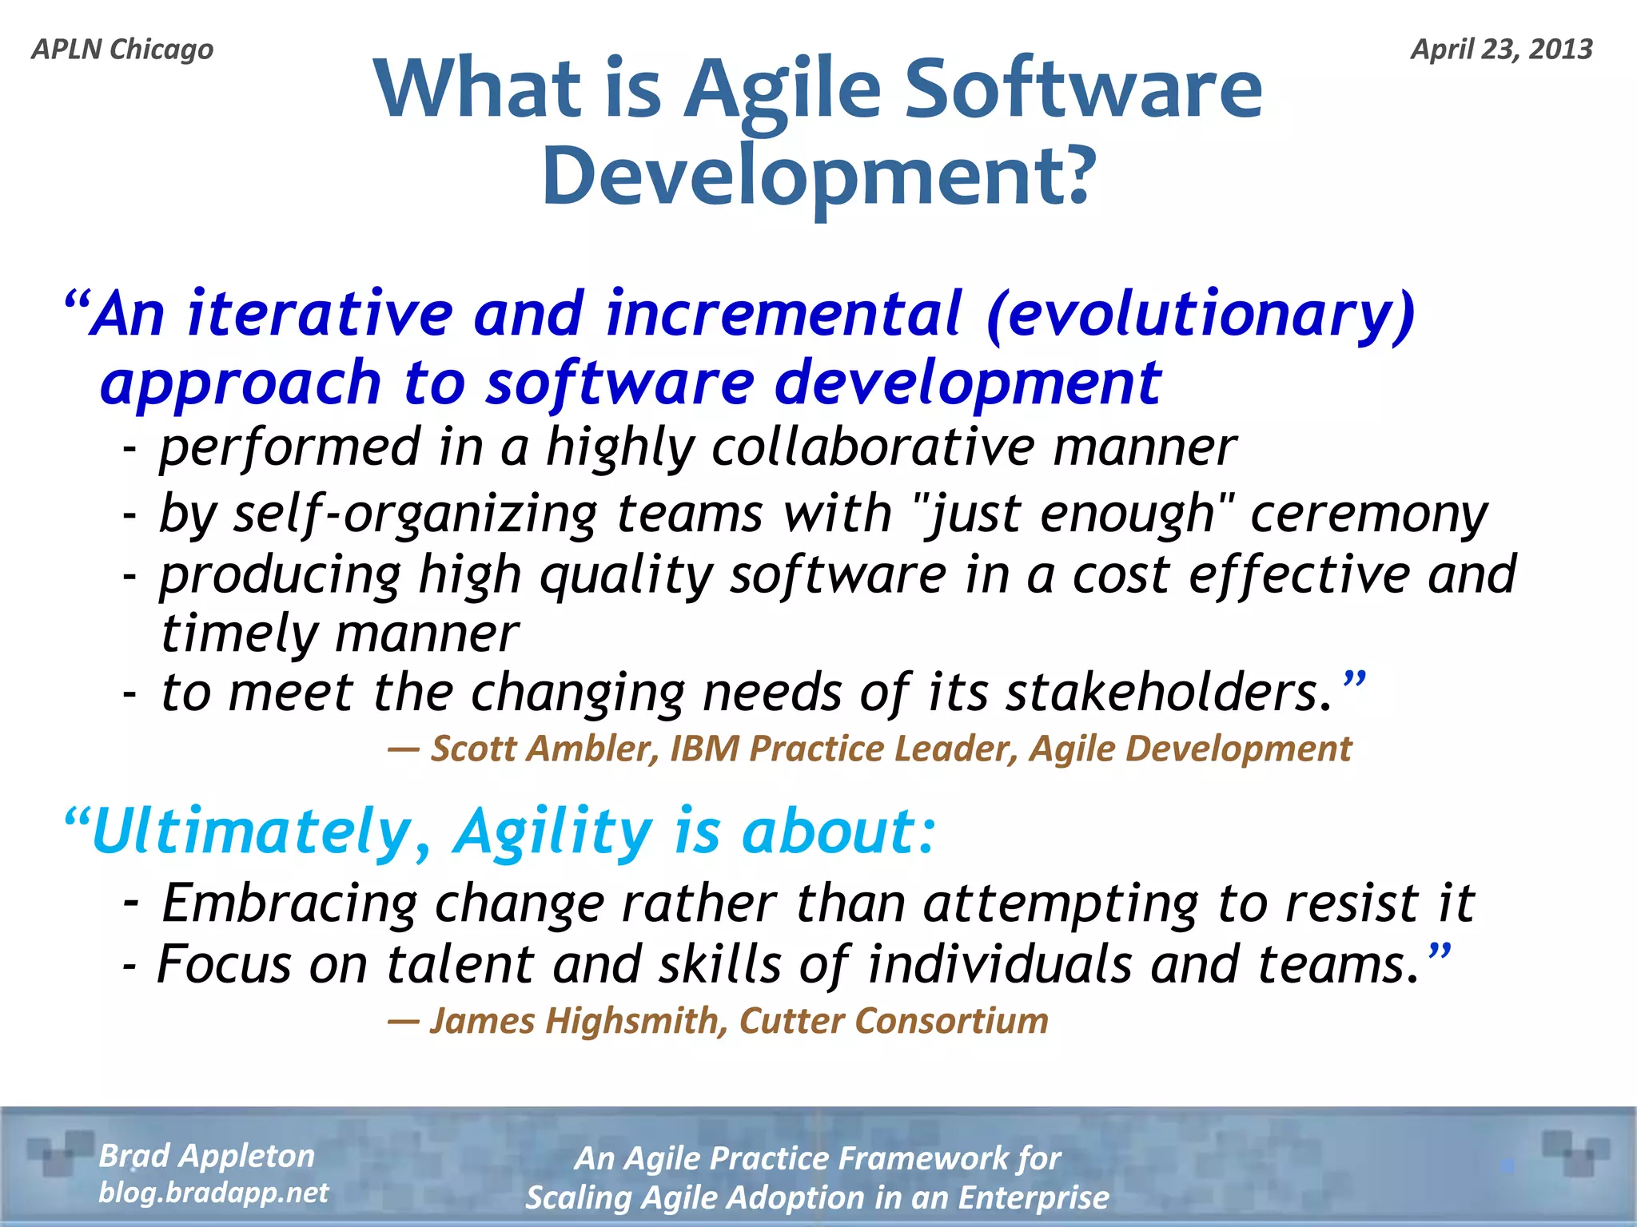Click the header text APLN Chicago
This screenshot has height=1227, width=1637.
tap(122, 50)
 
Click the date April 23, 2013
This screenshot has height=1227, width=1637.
tap(1501, 50)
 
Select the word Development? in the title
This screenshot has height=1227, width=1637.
tap(818, 176)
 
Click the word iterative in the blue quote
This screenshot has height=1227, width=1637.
tap(320, 314)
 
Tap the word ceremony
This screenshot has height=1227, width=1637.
tap(1368, 513)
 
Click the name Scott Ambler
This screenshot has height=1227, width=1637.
tap(544, 749)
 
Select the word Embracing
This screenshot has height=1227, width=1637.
tap(289, 903)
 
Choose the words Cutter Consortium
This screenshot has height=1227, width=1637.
tap(894, 1021)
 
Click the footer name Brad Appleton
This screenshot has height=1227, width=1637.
tap(206, 1156)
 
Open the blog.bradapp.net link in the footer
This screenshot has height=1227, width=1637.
tap(213, 1193)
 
